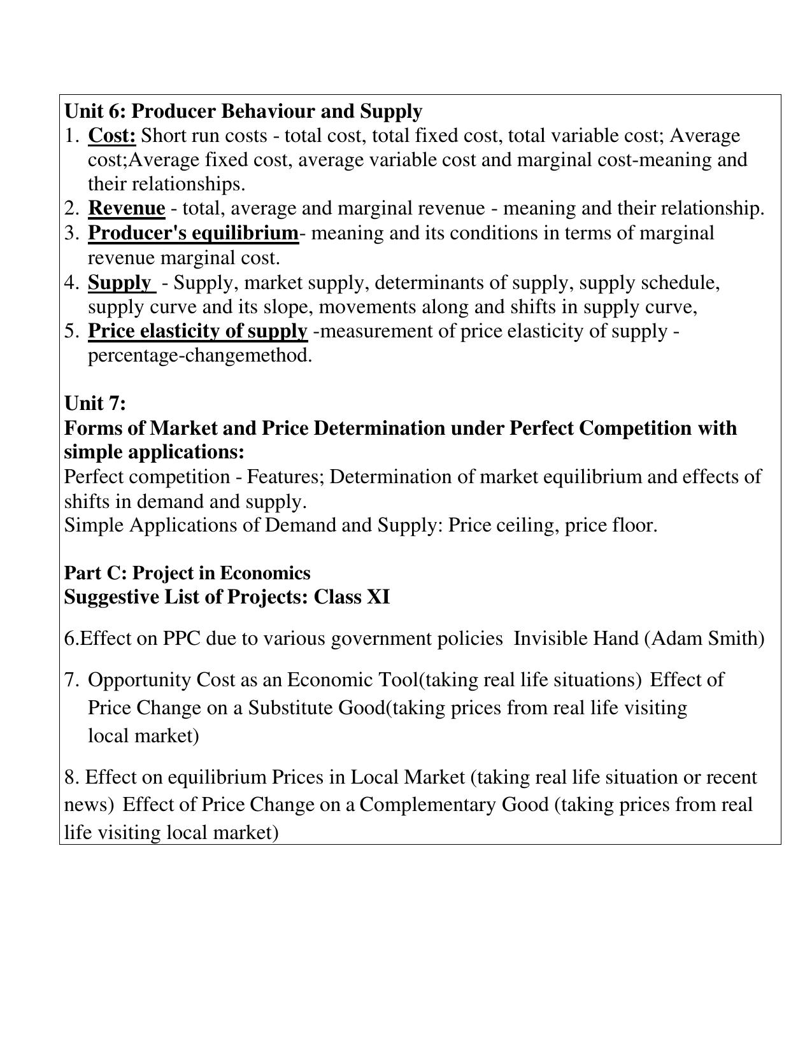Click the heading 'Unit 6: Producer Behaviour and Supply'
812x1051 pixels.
(x=243, y=111)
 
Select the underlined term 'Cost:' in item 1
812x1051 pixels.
(x=112, y=136)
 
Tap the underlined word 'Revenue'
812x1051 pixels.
(x=126, y=208)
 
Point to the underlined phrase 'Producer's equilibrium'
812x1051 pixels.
(x=193, y=233)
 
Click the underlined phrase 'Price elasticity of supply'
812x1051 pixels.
(x=197, y=331)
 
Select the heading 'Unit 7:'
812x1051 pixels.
(x=96, y=403)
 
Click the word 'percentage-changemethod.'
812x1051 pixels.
(x=200, y=355)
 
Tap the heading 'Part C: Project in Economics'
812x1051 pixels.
(x=187, y=573)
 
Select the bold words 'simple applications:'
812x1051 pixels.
(x=154, y=452)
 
